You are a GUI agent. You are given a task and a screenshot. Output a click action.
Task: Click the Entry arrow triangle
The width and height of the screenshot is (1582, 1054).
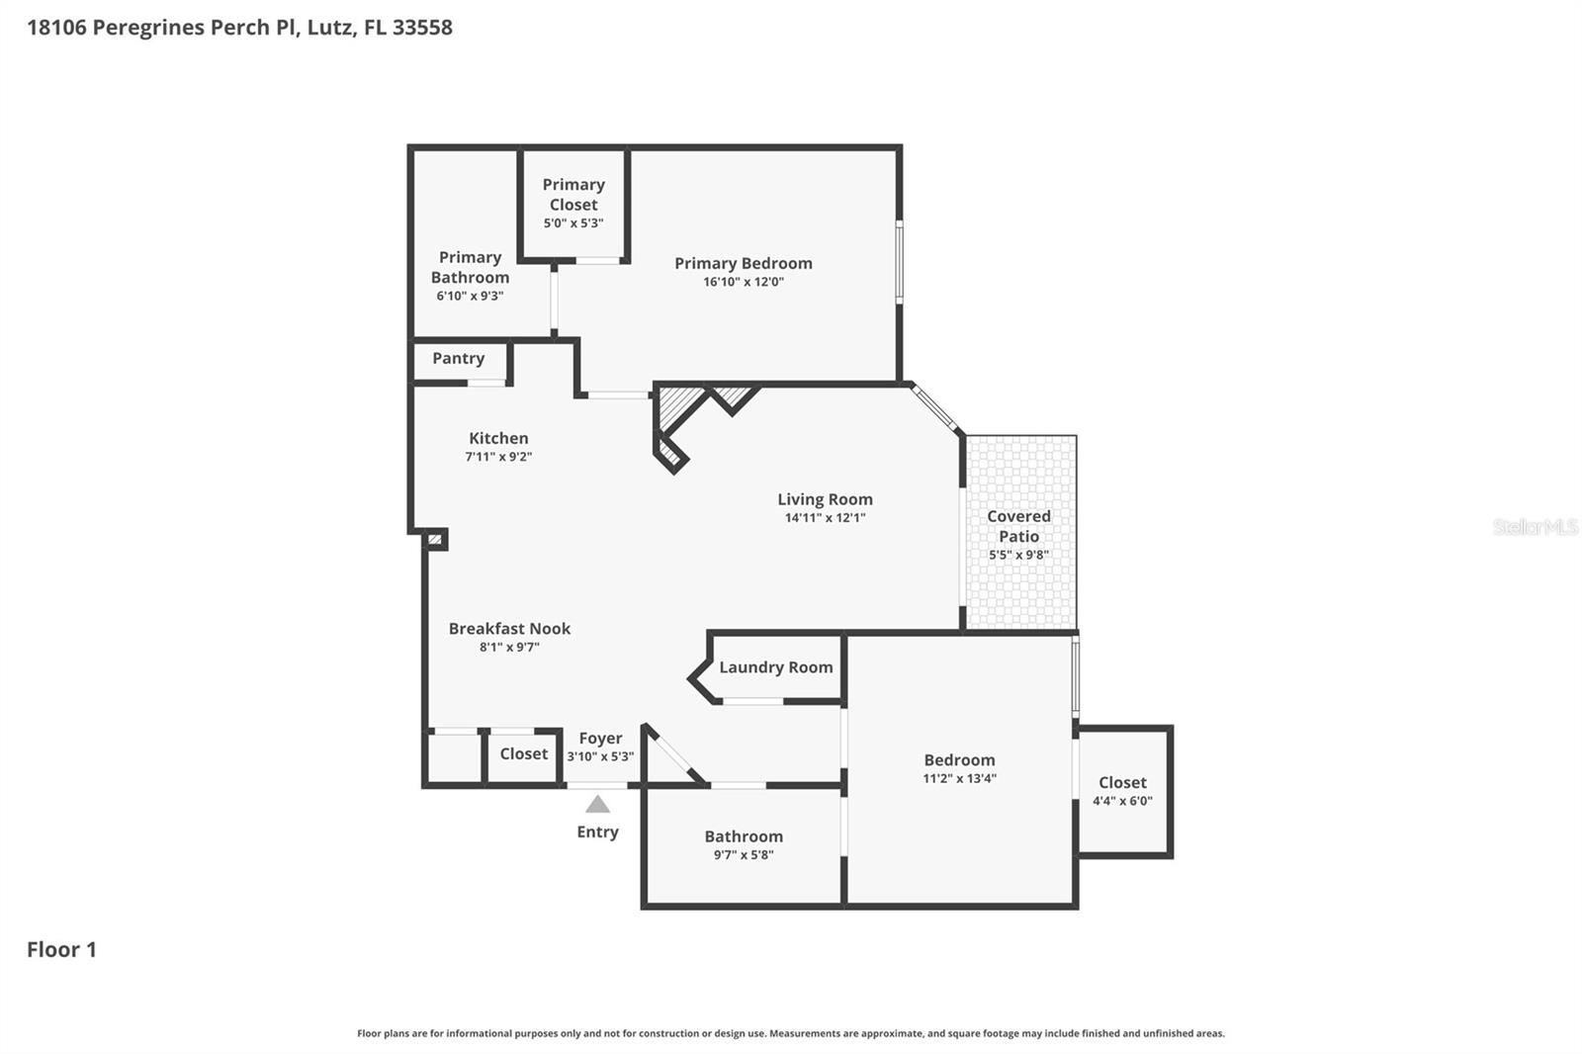[597, 805]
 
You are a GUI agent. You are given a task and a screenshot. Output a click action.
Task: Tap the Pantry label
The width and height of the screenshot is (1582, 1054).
[459, 358]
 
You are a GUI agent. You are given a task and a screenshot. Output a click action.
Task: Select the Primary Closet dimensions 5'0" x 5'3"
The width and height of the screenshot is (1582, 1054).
[573, 223]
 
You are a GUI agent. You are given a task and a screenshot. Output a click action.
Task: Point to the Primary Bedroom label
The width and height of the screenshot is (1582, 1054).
[744, 263]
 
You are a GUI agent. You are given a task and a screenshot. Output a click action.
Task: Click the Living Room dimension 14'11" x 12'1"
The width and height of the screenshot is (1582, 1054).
[825, 518]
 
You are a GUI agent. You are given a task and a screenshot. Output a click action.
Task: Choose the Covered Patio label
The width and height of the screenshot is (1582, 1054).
[1018, 526]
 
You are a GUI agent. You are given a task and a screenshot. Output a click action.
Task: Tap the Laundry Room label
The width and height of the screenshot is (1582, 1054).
[776, 667]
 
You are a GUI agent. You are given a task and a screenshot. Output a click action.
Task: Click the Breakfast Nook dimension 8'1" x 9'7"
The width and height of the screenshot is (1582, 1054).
[509, 647]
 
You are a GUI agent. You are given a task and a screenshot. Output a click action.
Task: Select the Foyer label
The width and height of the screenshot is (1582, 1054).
[600, 739]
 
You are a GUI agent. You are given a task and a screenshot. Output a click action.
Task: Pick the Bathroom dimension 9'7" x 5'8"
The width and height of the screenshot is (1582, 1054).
[744, 855]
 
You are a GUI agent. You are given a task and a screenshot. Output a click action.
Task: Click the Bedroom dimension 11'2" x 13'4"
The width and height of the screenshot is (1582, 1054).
[959, 778]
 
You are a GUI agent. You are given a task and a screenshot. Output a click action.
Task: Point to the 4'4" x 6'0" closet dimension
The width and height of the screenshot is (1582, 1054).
[1122, 801]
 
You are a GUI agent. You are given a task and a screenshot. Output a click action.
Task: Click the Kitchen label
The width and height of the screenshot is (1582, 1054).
[498, 438]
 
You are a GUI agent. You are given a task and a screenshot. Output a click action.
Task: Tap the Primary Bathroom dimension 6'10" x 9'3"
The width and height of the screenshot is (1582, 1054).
[470, 296]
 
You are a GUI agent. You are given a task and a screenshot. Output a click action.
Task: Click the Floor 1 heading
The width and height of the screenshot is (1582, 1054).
[61, 949]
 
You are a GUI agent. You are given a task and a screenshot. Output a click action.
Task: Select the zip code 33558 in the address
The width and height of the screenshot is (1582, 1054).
[422, 28]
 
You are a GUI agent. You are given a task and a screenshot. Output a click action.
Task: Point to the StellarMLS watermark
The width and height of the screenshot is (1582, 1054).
[1536, 526]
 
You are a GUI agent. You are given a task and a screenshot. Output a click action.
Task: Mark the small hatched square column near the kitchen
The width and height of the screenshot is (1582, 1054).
[435, 540]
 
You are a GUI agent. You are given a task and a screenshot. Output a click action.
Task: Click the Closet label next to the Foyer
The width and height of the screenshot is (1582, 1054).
[524, 753]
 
